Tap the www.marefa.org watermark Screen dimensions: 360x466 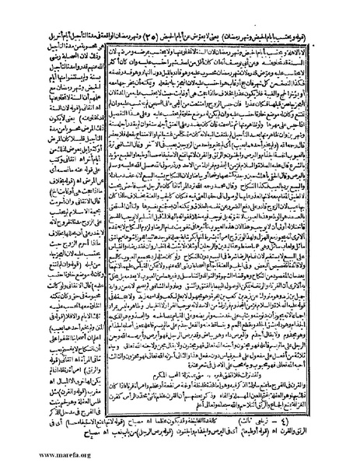pos(32,455)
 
